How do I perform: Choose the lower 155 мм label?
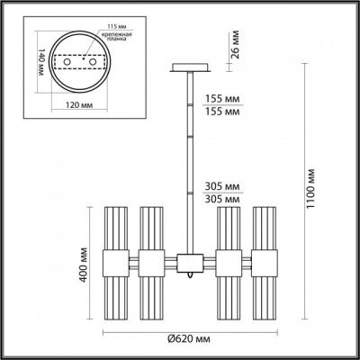tap(223, 114)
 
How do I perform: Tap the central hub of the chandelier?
tap(189, 263)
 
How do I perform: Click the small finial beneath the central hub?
tap(189, 276)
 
